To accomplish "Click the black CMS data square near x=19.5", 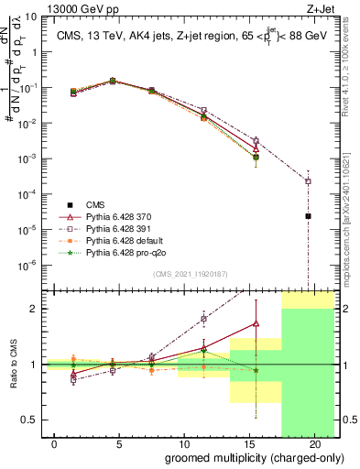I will click(308, 216).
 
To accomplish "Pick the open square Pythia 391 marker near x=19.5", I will click(308, 181).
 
